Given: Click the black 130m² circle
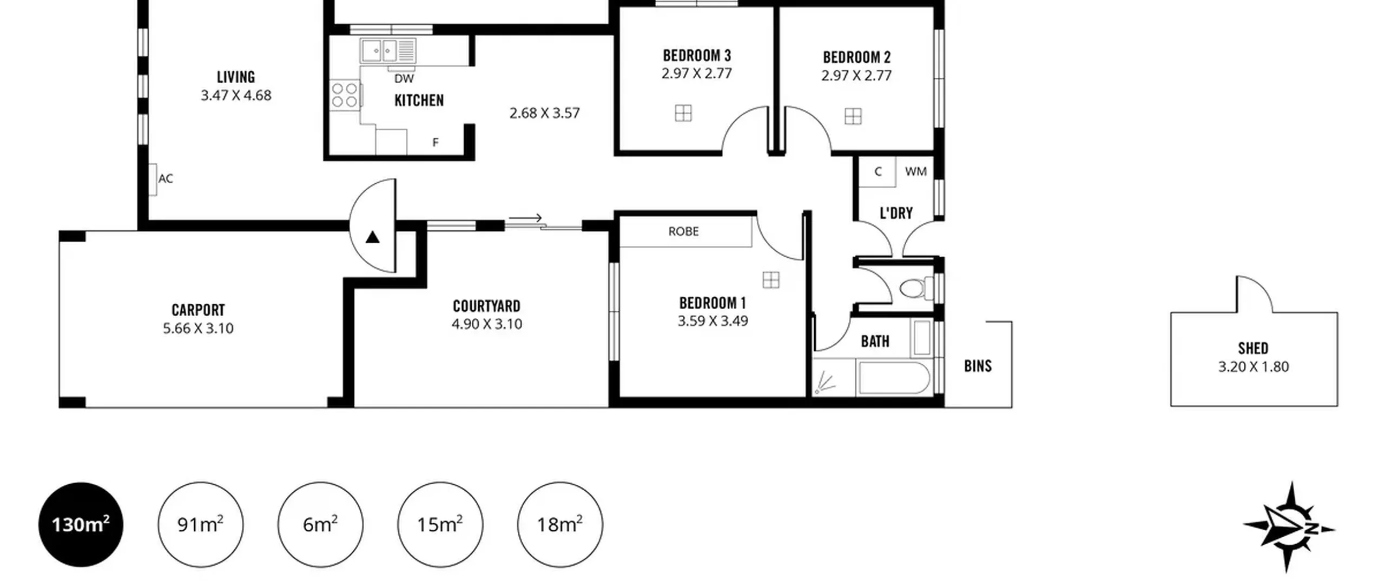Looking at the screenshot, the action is [x=81, y=524].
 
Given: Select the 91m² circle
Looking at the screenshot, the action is [x=201, y=524].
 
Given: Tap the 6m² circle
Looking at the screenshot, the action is [x=320, y=524].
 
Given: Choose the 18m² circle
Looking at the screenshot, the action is [x=560, y=524].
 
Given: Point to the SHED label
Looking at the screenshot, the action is [x=1253, y=348].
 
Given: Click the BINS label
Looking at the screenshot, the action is [x=978, y=366].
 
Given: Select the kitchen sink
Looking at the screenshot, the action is [x=388, y=51].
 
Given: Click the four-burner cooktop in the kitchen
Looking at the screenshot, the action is [x=345, y=95].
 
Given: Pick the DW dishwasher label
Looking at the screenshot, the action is [x=404, y=79].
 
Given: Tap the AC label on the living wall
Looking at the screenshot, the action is [x=166, y=178].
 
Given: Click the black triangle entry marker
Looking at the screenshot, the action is [x=372, y=237].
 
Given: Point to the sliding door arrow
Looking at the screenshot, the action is [x=525, y=218].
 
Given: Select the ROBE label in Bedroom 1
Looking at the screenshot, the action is [x=683, y=231].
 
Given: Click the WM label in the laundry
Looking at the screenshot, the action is [x=915, y=171].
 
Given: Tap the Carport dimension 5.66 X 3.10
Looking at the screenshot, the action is [x=198, y=328].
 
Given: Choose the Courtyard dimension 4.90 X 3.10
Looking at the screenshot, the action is [x=487, y=324].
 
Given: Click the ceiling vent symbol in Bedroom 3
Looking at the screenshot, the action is [x=683, y=113].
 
